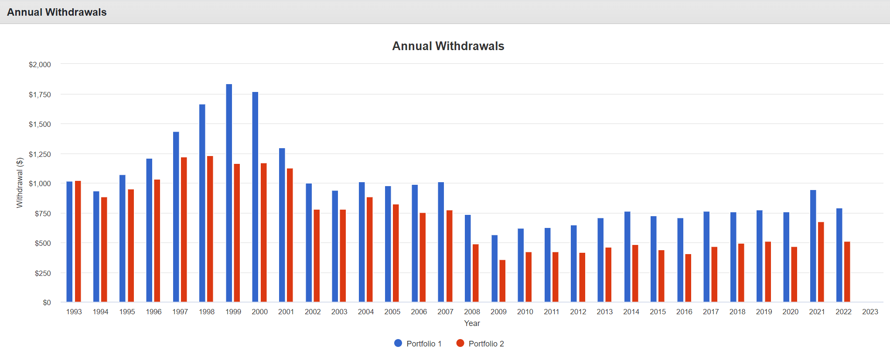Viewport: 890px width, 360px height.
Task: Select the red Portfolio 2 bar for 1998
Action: (210, 229)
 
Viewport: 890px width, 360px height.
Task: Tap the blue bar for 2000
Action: (255, 197)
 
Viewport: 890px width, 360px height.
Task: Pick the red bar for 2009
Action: (502, 281)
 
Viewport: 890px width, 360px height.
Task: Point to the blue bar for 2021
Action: (813, 246)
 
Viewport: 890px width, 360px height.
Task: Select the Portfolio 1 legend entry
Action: (418, 343)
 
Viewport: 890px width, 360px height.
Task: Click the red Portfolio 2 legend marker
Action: (460, 343)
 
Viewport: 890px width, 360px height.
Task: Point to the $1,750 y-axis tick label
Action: (40, 95)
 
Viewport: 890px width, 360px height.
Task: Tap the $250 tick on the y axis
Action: (43, 273)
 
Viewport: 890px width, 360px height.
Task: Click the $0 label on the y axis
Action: (47, 302)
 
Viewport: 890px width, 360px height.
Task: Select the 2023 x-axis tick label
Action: (870, 312)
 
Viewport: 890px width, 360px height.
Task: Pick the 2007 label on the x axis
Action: (445, 312)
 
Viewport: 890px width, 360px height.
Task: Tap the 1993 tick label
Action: (74, 312)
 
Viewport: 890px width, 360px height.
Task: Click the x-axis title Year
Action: (472, 323)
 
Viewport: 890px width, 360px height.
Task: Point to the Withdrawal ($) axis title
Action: (20, 183)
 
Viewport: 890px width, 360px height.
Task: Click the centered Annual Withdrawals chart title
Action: (448, 46)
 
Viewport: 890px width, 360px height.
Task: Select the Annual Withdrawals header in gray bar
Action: (57, 12)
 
